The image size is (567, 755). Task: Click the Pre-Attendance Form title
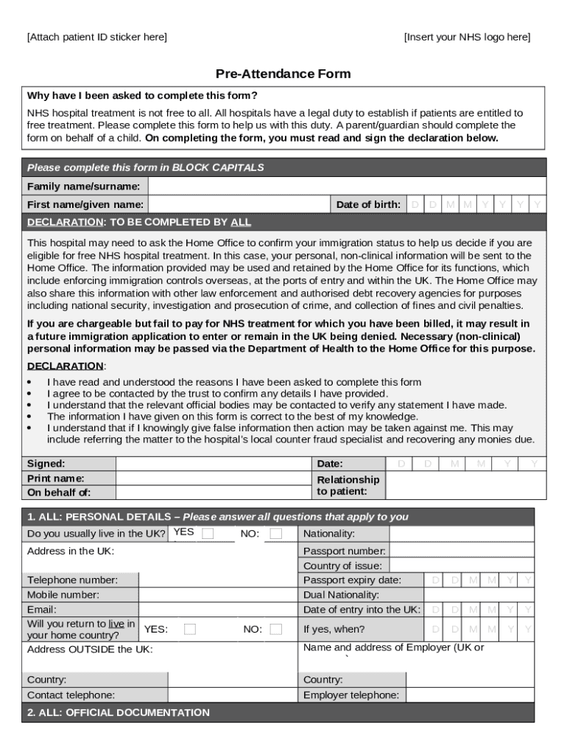(x=283, y=74)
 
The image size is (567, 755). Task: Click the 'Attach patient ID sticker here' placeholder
(x=97, y=37)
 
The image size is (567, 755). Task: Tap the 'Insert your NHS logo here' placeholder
(x=467, y=37)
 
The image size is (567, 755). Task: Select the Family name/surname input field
(x=346, y=187)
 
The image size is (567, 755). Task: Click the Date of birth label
(x=368, y=204)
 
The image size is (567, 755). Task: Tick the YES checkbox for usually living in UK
(x=208, y=533)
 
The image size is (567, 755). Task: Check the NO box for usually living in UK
(x=275, y=533)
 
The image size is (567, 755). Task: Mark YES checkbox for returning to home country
(x=190, y=629)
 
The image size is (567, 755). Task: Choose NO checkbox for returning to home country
(x=275, y=629)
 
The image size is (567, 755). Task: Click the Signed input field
(x=214, y=464)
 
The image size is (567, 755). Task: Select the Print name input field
(x=214, y=478)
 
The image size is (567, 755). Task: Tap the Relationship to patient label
(x=348, y=485)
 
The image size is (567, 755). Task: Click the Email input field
(x=218, y=610)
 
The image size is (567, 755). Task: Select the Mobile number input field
(x=218, y=595)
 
